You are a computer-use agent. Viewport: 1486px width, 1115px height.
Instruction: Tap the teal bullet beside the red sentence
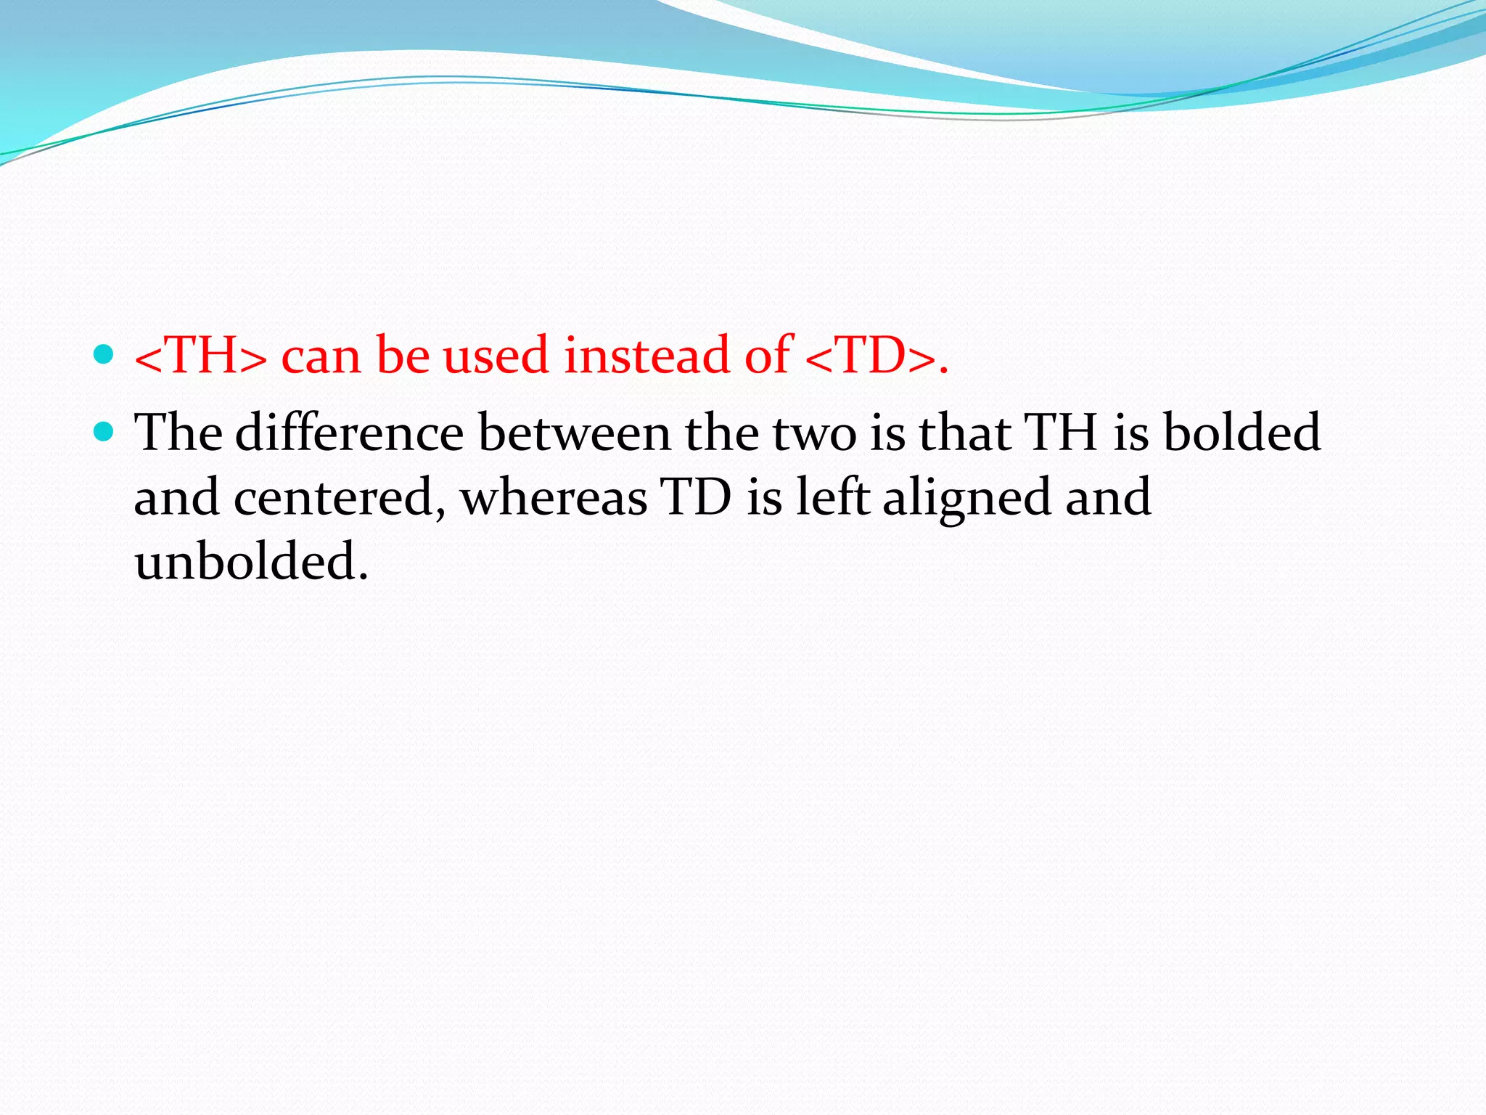(x=104, y=354)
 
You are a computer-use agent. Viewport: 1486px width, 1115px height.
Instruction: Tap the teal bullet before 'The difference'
(x=104, y=432)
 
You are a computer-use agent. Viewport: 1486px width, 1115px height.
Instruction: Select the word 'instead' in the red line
(x=646, y=356)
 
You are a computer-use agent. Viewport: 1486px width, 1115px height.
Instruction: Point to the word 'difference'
(x=349, y=433)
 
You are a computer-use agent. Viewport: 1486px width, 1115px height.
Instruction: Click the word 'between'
(x=574, y=433)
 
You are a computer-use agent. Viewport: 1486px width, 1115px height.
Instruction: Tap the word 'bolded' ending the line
(x=1241, y=433)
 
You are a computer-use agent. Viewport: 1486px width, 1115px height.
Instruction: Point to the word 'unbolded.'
(x=251, y=562)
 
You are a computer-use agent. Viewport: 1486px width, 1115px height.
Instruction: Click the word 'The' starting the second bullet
(x=178, y=433)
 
